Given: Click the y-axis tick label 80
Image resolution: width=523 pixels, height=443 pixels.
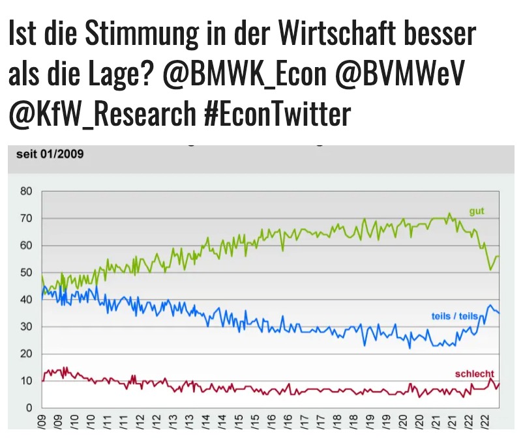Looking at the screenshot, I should [26, 192].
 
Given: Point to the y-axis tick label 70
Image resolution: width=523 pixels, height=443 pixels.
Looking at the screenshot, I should [26, 219].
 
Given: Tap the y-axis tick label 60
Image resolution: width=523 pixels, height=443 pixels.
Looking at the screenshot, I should [26, 246].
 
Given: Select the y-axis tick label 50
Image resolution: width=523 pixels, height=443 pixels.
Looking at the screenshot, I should [26, 273].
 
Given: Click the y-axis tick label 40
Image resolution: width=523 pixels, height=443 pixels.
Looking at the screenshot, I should [26, 300].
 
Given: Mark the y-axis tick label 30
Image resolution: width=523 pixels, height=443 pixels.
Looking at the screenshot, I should [26, 327].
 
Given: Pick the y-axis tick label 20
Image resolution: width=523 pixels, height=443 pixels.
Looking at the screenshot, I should [26, 354].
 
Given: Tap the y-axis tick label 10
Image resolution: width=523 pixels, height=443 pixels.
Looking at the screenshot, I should [26, 381].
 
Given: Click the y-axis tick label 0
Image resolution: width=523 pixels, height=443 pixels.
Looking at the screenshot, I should [29, 408].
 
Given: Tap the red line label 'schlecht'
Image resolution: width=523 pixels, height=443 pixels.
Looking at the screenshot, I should [474, 373].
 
